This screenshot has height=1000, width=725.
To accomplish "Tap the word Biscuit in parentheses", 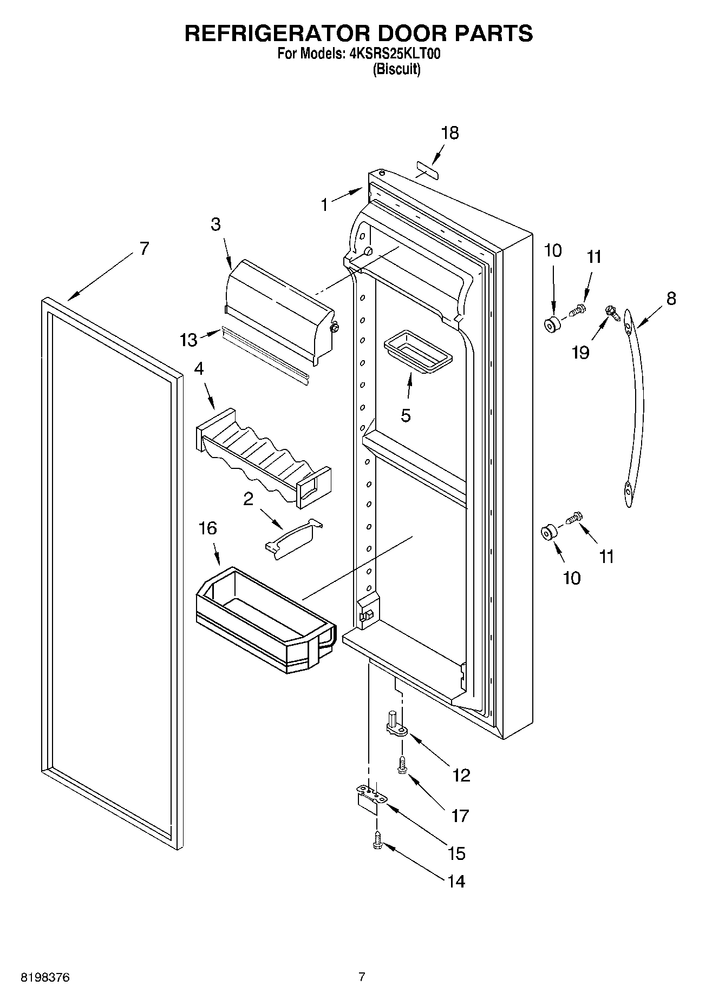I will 396,69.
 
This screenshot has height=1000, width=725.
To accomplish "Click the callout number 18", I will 449,133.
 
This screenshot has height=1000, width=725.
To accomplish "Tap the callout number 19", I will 580,352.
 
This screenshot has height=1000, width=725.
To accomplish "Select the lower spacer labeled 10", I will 548,533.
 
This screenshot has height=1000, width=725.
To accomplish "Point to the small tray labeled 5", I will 417,355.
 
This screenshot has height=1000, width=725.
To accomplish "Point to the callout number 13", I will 188,340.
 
